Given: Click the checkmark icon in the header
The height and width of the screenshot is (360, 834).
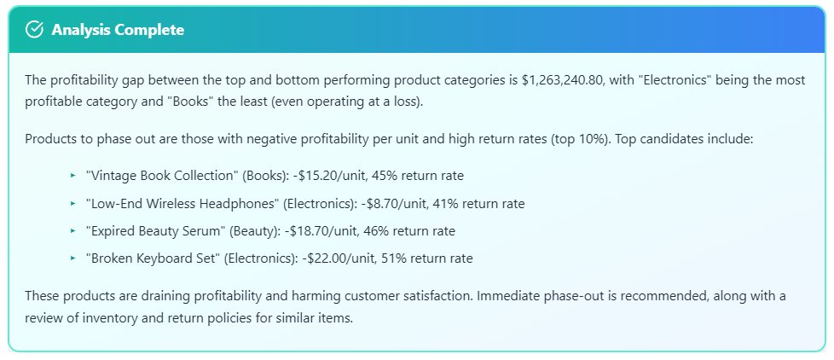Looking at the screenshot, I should (35, 30).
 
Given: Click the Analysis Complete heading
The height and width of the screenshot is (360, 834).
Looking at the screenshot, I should (117, 30).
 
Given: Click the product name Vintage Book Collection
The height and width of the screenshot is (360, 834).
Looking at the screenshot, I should (162, 176).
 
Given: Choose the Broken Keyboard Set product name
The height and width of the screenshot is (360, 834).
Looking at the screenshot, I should (153, 258).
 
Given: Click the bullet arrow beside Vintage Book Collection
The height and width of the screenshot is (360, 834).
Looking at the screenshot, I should (72, 176).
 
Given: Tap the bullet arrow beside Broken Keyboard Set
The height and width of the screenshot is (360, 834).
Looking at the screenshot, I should (72, 258).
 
